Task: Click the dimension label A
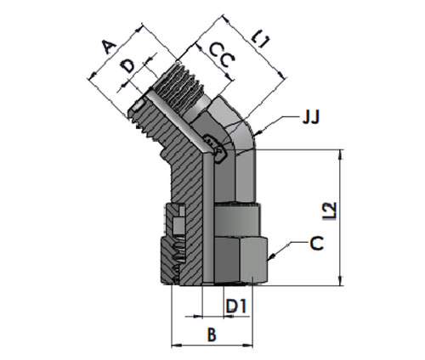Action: click(x=109, y=47)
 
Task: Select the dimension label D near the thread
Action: click(x=127, y=66)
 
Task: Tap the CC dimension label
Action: click(x=222, y=55)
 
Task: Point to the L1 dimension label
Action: click(x=261, y=38)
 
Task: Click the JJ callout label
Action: click(x=311, y=117)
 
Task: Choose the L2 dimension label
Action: click(x=330, y=211)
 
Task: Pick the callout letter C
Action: click(x=317, y=244)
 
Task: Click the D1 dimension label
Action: click(x=236, y=306)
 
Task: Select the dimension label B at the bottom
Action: click(x=212, y=335)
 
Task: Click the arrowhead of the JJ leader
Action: click(x=258, y=133)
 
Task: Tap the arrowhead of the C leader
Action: click(x=271, y=256)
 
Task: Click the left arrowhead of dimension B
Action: click(x=176, y=346)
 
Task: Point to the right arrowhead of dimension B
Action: click(x=248, y=346)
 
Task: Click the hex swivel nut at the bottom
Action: click(x=240, y=261)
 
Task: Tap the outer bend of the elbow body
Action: click(x=246, y=127)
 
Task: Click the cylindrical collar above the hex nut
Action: click(x=236, y=220)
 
